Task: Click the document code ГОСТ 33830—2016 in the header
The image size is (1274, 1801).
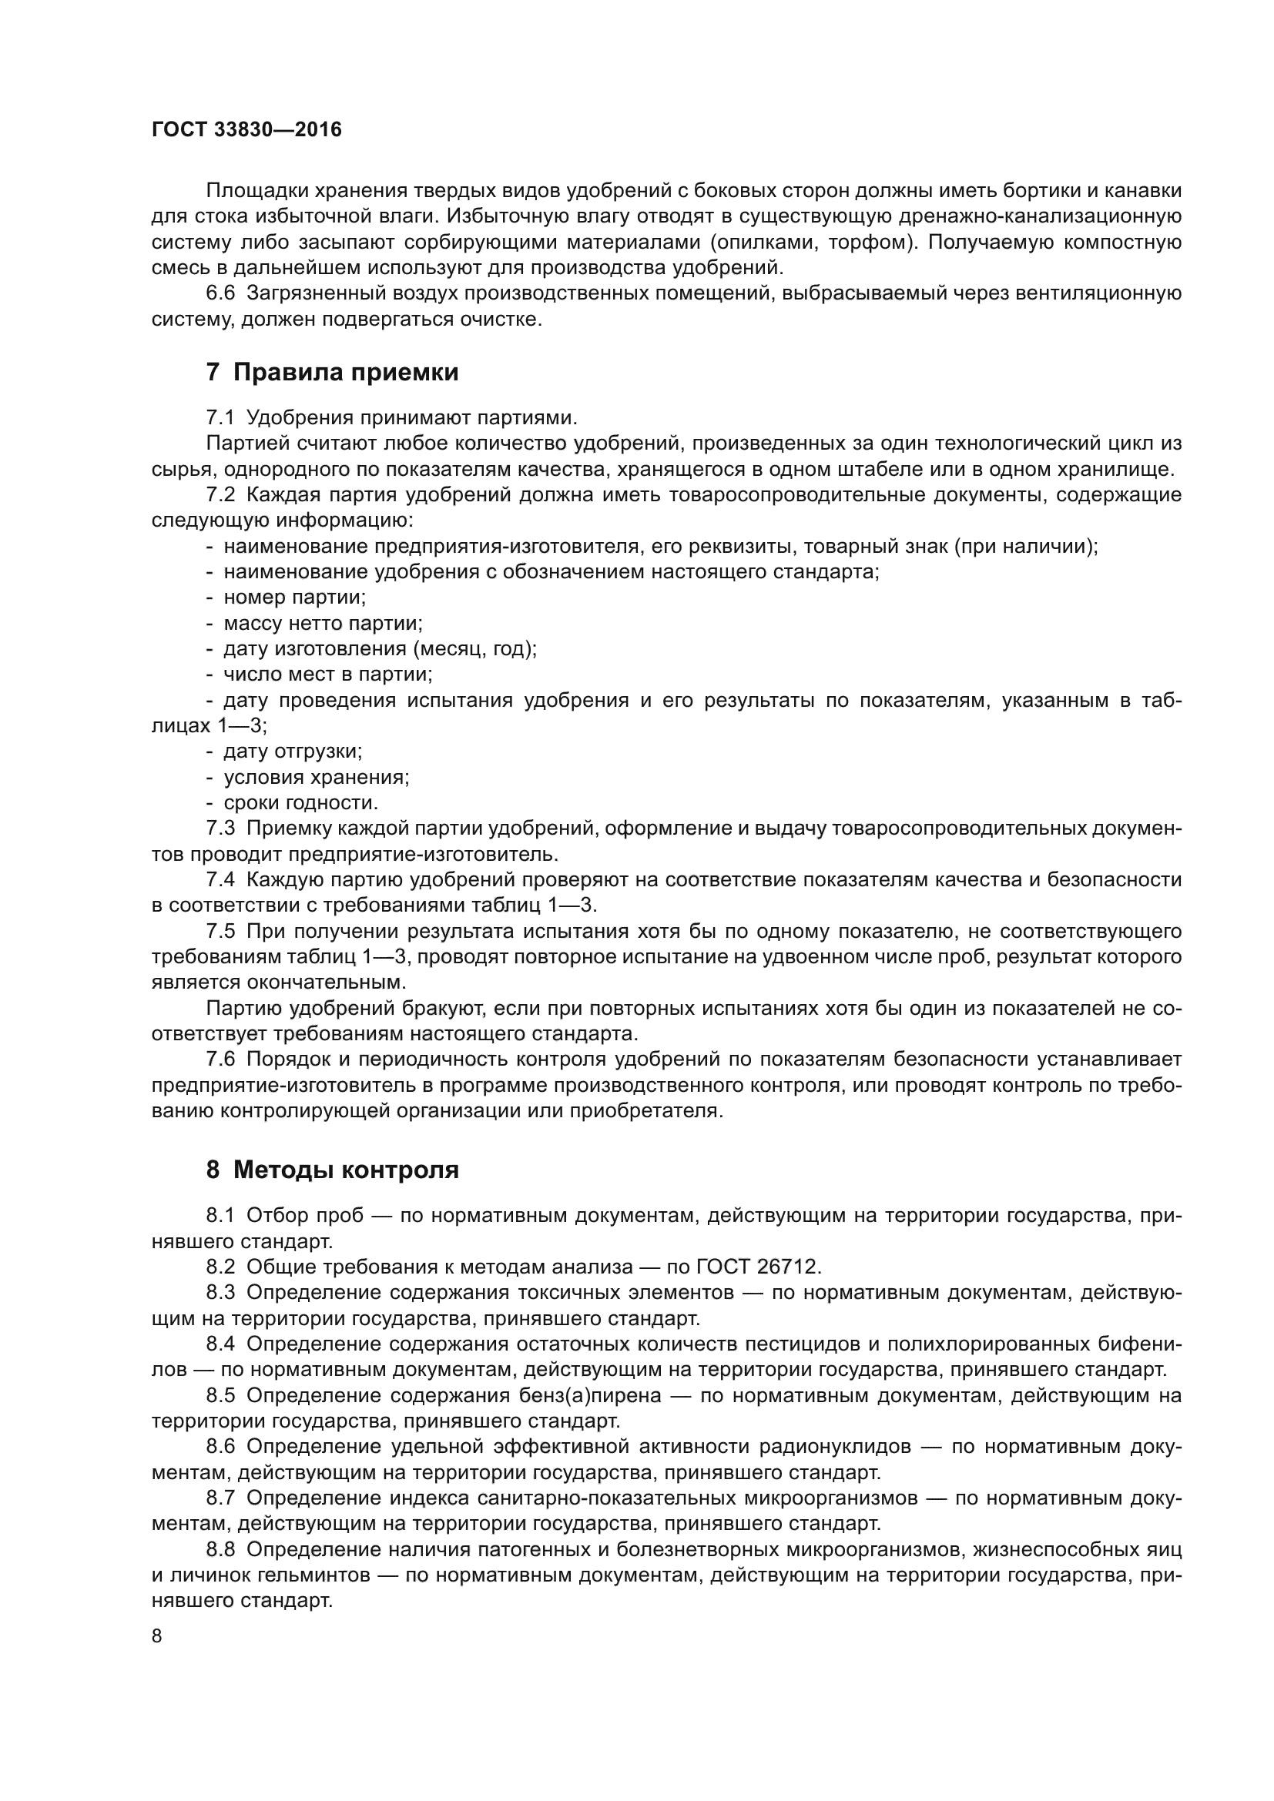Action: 246,129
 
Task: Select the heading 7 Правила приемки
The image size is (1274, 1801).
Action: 332,373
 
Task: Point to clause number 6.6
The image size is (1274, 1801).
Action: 220,293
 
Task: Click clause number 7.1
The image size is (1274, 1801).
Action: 220,417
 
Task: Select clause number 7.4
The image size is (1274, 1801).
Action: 220,879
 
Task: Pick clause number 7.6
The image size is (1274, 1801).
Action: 220,1059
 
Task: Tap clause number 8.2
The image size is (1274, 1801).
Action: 220,1266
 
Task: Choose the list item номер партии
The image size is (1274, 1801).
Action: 294,597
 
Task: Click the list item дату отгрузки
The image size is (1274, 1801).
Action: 293,751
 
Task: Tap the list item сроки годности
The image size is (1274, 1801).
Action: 300,802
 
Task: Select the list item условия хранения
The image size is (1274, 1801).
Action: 316,777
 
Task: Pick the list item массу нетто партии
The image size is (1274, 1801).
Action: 323,623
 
